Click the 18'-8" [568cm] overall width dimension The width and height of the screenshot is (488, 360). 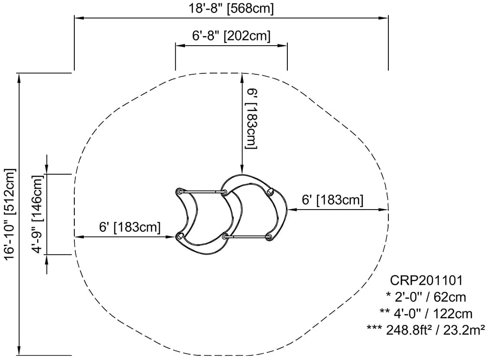(x=231, y=9)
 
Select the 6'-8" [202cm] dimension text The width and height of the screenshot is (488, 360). (x=231, y=36)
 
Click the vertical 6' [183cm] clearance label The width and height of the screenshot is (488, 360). (x=252, y=118)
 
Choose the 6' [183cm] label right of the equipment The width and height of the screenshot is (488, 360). (x=333, y=200)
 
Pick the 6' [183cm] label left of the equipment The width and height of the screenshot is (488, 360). (x=130, y=227)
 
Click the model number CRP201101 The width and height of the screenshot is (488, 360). (x=426, y=281)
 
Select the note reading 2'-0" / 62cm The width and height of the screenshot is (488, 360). (x=426, y=298)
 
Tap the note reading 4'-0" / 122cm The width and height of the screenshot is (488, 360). (x=426, y=314)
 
